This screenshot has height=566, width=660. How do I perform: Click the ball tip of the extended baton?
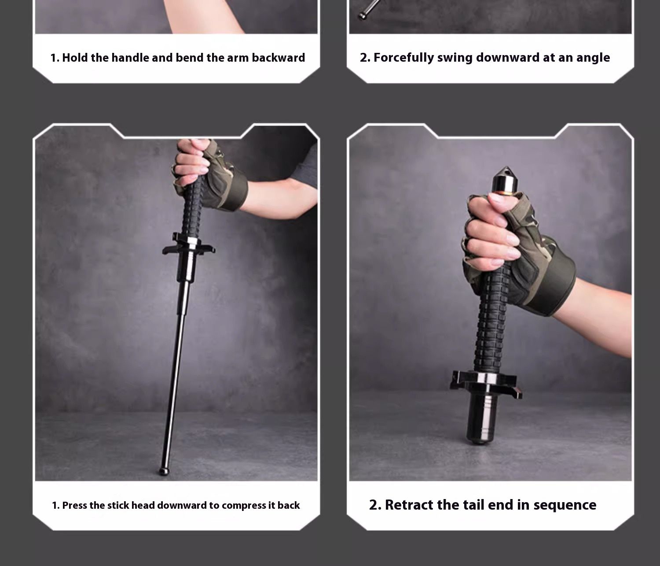coord(164,471)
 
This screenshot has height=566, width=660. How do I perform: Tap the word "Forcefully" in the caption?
coord(403,58)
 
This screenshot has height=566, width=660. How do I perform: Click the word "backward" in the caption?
coord(279,58)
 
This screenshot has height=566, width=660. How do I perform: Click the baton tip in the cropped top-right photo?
coord(362,15)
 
